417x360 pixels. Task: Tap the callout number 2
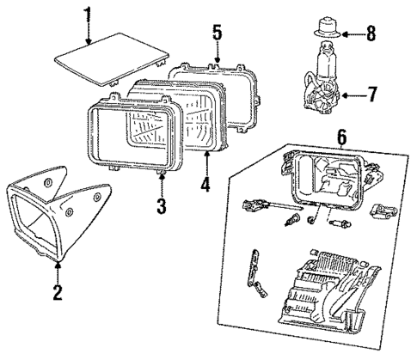58,293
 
